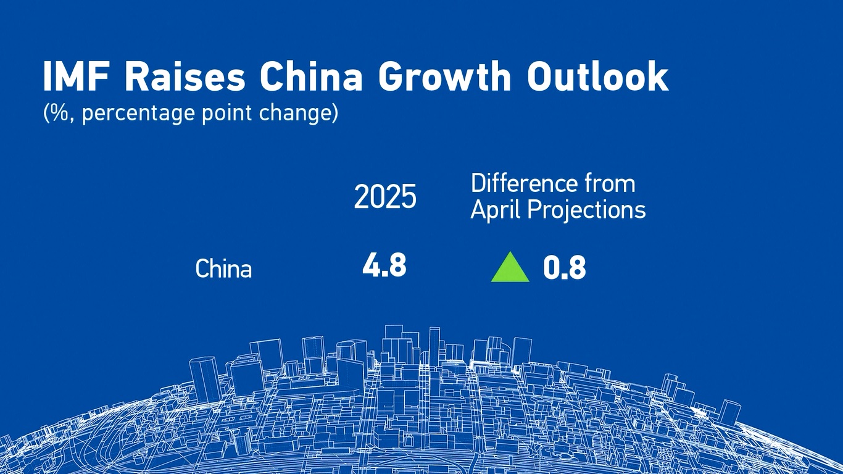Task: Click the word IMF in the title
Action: click(77, 77)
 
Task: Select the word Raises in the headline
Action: click(185, 77)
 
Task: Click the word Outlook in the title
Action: click(597, 77)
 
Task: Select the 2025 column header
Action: click(385, 196)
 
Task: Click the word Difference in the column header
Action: click(524, 183)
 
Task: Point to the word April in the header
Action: click(496, 210)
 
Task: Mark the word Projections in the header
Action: click(586, 210)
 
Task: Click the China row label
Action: click(223, 268)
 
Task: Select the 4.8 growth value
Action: click(384, 265)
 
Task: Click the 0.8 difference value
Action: click(565, 268)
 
